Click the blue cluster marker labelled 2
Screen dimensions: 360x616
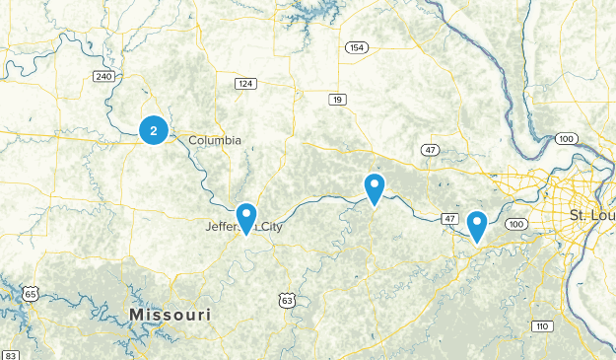154,129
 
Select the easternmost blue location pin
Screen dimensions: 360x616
477,225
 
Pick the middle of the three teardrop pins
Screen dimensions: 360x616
375,186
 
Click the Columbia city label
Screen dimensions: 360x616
214,140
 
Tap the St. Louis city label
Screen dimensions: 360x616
591,215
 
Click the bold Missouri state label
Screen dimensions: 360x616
170,315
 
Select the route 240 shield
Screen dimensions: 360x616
103,76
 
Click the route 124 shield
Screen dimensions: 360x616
245,83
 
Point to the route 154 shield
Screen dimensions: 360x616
356,47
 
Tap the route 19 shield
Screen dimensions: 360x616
338,99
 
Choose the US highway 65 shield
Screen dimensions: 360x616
32,294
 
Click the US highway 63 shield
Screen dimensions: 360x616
286,299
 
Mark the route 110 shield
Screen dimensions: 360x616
541,325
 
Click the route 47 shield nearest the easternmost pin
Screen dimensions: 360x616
449,217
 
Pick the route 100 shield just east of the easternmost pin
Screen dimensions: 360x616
517,226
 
